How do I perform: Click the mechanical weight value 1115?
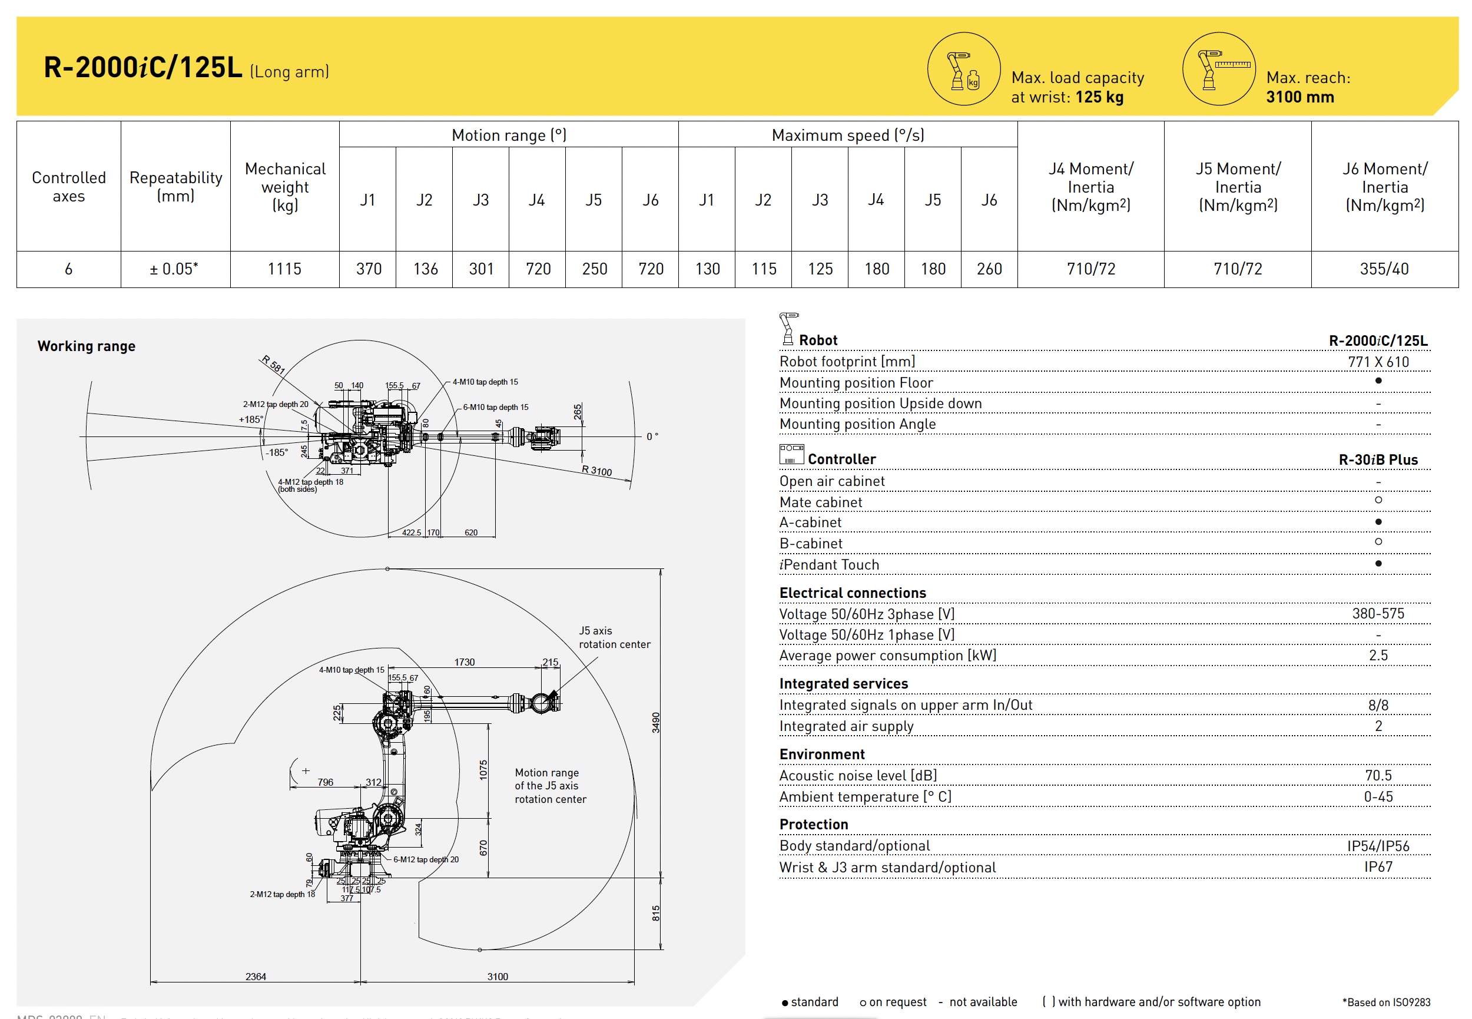[x=284, y=269]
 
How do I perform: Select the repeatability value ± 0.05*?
[x=174, y=269]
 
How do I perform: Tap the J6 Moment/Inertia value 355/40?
[x=1383, y=269]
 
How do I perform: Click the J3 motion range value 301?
[x=481, y=269]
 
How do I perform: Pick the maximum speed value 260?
[x=989, y=269]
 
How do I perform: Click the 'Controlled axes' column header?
[x=69, y=187]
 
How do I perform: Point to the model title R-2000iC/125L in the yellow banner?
[x=143, y=68]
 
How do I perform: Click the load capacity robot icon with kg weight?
[x=963, y=69]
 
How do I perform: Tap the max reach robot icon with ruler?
[x=1218, y=69]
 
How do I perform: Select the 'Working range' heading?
[x=86, y=346]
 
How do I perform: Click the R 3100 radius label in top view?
[x=596, y=471]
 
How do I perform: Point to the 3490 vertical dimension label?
[x=655, y=722]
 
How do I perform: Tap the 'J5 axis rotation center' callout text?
[x=614, y=637]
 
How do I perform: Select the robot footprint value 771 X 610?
[x=1378, y=362]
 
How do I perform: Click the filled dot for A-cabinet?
[x=1378, y=522]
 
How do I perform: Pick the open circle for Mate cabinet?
[x=1378, y=500]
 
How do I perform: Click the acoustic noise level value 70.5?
[x=1378, y=775]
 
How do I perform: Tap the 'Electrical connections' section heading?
[x=852, y=593]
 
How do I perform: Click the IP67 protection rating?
[x=1378, y=866]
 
